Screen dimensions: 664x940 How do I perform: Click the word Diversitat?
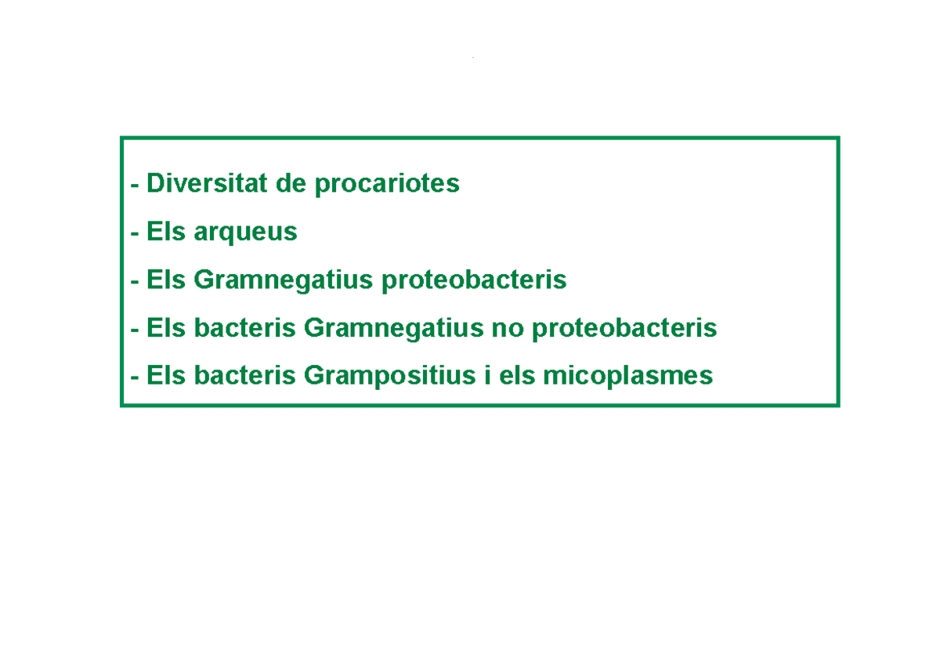(206, 184)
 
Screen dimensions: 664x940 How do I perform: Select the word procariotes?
(387, 185)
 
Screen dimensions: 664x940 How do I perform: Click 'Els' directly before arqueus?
(165, 232)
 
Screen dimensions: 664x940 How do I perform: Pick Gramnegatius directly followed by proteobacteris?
(283, 280)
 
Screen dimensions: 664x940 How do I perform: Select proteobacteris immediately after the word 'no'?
(624, 328)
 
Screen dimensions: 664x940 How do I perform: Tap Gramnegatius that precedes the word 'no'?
(393, 328)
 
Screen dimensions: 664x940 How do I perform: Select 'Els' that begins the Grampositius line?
(165, 376)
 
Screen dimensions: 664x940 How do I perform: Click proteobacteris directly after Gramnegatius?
(474, 280)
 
